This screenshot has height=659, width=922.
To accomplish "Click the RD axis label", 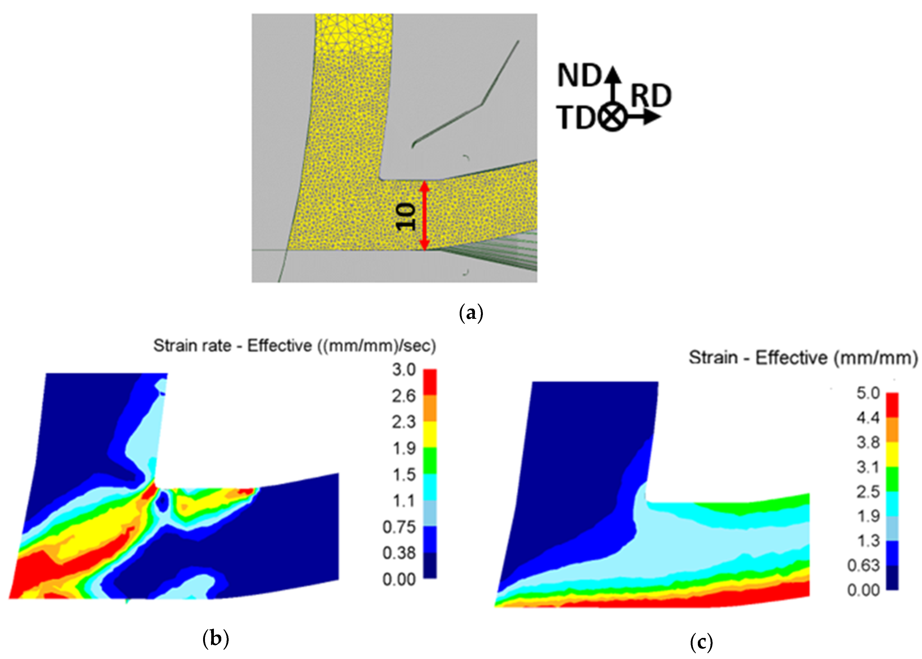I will point(651,96).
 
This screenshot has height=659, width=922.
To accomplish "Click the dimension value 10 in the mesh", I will point(406,217).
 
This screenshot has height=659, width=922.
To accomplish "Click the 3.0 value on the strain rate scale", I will point(403,370).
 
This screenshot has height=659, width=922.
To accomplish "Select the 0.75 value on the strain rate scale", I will point(399,527).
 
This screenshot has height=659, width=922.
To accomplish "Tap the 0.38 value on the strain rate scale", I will point(399,553).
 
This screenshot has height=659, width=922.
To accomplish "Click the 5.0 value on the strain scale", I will point(868,393).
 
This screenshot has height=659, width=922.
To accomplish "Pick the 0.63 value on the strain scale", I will point(863,565).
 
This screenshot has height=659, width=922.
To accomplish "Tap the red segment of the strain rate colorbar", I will point(430,382).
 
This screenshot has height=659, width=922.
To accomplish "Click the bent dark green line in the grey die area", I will point(481,105).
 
